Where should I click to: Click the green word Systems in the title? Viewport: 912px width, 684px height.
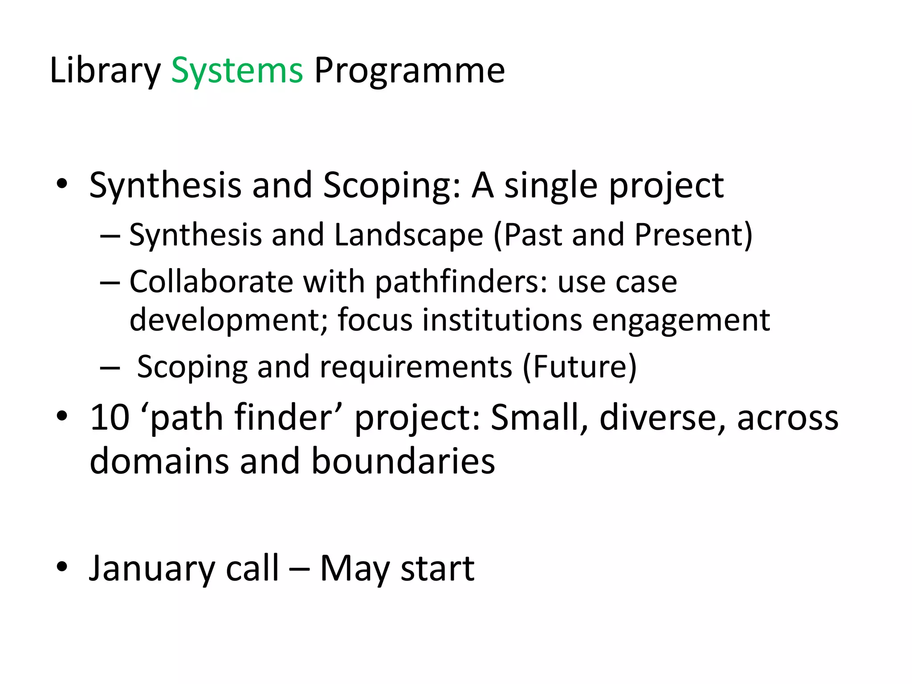click(237, 71)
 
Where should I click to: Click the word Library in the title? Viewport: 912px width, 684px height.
click(105, 71)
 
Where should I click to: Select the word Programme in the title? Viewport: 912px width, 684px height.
click(409, 71)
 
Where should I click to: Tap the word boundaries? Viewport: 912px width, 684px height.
click(403, 461)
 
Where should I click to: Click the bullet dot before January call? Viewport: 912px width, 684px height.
click(62, 567)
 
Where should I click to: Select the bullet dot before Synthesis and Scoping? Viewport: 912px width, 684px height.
click(62, 183)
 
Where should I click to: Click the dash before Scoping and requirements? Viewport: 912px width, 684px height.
click(110, 368)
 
